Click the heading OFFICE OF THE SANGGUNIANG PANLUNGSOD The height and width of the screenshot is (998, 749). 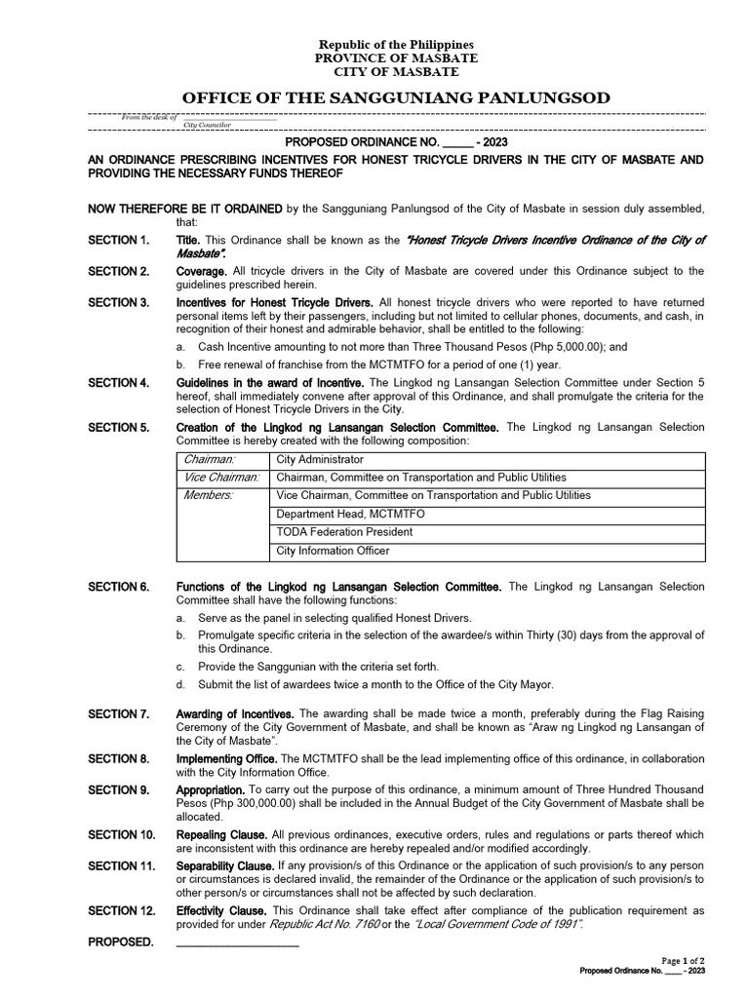click(x=397, y=97)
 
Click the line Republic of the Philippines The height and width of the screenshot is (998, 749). click(x=397, y=45)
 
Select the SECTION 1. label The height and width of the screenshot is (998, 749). click(x=118, y=240)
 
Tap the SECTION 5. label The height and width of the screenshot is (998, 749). click(x=118, y=427)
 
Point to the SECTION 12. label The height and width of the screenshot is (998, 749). click(x=121, y=910)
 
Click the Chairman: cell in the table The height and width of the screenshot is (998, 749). click(x=210, y=459)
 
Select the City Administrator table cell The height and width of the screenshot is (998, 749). click(x=320, y=459)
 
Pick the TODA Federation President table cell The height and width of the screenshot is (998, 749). click(x=344, y=532)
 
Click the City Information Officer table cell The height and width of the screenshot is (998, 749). click(x=333, y=551)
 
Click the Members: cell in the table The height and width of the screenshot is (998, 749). click(x=209, y=495)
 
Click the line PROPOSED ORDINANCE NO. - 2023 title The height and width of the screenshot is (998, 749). click(x=397, y=142)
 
